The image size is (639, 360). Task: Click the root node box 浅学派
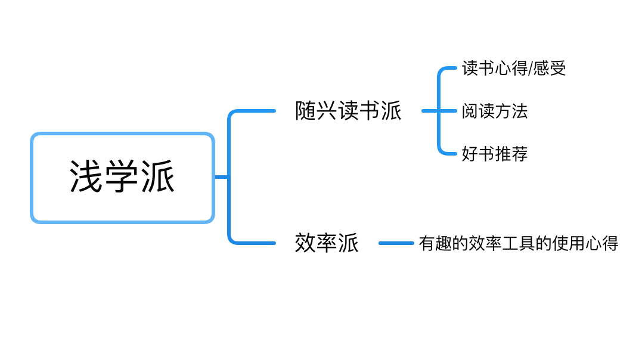122,178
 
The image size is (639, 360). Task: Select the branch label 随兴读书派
348,111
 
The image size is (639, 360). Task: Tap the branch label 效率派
327,243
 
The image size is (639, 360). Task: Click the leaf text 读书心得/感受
513,69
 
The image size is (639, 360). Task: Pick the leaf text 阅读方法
494,111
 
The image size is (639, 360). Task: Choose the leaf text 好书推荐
494,154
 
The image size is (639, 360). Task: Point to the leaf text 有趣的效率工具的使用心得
518,243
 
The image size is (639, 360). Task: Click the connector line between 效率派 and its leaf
396,243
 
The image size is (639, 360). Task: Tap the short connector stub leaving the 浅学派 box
221,177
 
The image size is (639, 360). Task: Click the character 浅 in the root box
87,177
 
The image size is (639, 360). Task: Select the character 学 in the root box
122,177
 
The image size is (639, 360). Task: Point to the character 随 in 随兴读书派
305,111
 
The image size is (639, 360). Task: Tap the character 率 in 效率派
327,243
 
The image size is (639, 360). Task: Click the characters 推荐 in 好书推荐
511,154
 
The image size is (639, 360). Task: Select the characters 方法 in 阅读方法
511,111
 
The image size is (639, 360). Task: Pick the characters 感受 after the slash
549,69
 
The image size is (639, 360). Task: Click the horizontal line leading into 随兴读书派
256,110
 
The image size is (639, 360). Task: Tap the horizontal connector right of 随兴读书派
430,111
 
